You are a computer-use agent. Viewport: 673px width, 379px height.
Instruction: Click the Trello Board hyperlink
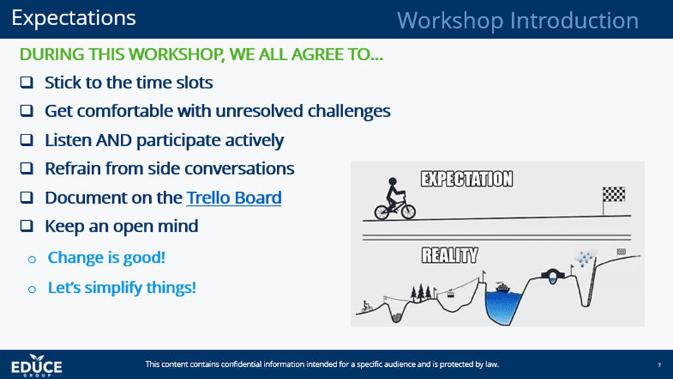pyautogui.click(x=234, y=198)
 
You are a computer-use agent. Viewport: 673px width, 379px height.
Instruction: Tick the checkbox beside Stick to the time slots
pyautogui.click(x=26, y=82)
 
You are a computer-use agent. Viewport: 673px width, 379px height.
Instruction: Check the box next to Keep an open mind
pyautogui.click(x=26, y=225)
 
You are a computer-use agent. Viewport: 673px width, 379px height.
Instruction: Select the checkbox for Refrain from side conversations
pyautogui.click(x=26, y=168)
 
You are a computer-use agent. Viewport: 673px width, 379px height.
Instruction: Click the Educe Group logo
pyautogui.click(x=37, y=365)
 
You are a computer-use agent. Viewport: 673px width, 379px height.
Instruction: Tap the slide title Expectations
pyautogui.click(x=74, y=18)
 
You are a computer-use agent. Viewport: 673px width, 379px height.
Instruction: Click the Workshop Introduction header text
pyautogui.click(x=518, y=20)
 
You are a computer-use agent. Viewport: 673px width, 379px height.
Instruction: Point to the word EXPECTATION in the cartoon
pyautogui.click(x=467, y=179)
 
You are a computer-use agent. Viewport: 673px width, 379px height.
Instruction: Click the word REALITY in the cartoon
pyautogui.click(x=449, y=255)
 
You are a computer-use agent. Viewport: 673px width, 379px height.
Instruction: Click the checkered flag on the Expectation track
pyautogui.click(x=613, y=195)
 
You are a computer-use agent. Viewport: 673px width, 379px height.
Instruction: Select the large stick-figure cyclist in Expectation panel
pyautogui.click(x=395, y=200)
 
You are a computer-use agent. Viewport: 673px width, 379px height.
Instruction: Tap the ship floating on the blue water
pyautogui.click(x=502, y=287)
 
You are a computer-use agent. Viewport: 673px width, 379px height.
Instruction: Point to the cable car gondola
pyautogui.click(x=450, y=294)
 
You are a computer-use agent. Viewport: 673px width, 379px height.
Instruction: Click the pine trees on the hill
pyautogui.click(x=421, y=292)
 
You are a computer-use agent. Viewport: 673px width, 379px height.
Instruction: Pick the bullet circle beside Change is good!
pyautogui.click(x=32, y=259)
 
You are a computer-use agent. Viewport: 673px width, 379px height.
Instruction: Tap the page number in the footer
pyautogui.click(x=659, y=365)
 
